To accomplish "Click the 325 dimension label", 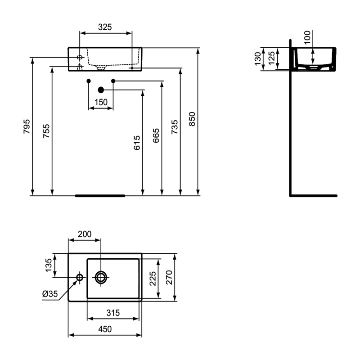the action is [105, 27].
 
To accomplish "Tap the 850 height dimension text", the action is [192, 119].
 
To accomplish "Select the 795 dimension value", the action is [27, 126].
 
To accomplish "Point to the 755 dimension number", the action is [46, 131].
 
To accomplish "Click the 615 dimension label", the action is [137, 143].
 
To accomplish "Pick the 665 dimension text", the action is [156, 136].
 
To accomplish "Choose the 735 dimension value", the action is [175, 127].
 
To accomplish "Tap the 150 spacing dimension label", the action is [101, 102].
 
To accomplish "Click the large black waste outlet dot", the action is [101, 90].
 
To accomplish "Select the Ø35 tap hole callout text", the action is [50, 294].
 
